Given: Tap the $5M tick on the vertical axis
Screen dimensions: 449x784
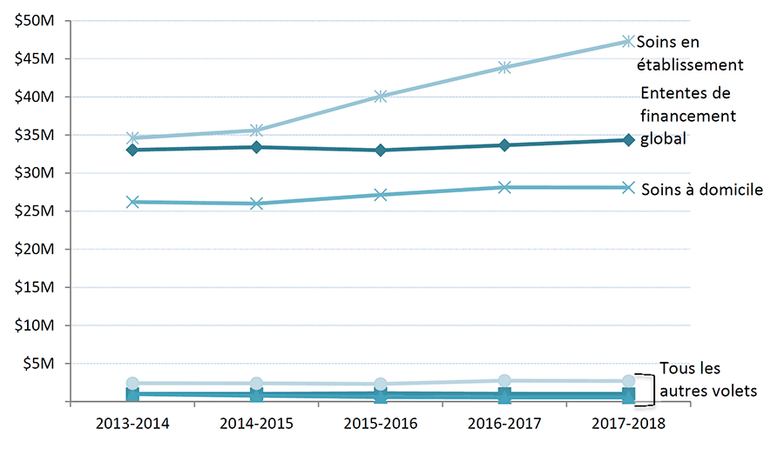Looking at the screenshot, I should [38, 364].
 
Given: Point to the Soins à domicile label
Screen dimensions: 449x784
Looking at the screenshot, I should [702, 189].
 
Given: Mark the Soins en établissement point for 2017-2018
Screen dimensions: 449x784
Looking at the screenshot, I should [628, 41].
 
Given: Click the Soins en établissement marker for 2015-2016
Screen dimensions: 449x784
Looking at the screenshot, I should [381, 97].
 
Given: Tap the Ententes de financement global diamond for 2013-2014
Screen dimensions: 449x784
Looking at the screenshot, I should [132, 151].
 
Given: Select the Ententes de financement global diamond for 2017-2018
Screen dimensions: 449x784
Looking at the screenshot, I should [628, 140].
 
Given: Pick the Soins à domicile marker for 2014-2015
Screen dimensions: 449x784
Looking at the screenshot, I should [257, 204].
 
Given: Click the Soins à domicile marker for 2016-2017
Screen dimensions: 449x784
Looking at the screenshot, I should [504, 187].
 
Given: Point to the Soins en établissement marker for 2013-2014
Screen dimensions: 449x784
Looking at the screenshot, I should [132, 137].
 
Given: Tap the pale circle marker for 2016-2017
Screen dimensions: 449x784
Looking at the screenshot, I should [504, 380].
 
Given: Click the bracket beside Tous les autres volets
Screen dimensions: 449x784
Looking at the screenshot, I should [645, 389].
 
